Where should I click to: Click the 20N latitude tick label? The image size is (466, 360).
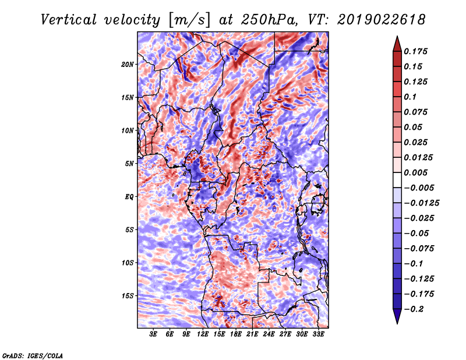click(x=127, y=65)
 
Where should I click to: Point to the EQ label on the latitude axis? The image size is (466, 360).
click(x=129, y=197)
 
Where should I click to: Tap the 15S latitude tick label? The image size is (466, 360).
click(x=128, y=296)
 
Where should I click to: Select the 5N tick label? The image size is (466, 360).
click(x=129, y=164)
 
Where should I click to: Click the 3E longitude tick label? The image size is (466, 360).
click(x=153, y=334)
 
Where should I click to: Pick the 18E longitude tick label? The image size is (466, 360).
click(x=236, y=334)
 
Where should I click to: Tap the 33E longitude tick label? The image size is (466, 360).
click(x=318, y=334)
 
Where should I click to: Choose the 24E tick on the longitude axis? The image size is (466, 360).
click(x=269, y=334)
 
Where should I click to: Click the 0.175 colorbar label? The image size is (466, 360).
click(x=415, y=51)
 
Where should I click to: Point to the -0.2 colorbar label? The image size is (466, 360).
click(x=414, y=309)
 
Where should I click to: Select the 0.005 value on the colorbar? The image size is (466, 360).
click(x=415, y=172)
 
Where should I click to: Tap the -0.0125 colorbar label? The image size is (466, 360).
click(x=421, y=203)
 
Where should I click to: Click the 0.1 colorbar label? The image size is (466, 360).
click(x=410, y=97)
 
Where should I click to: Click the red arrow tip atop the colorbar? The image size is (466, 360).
click(x=397, y=36)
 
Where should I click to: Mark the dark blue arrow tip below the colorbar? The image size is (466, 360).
click(x=397, y=323)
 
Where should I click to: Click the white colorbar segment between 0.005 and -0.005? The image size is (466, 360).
click(x=397, y=180)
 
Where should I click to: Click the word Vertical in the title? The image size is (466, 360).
click(x=69, y=20)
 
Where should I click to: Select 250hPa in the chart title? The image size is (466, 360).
click(x=269, y=20)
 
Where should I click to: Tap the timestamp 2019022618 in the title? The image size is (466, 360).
click(x=382, y=20)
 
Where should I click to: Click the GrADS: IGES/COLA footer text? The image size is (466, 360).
click(x=33, y=356)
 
